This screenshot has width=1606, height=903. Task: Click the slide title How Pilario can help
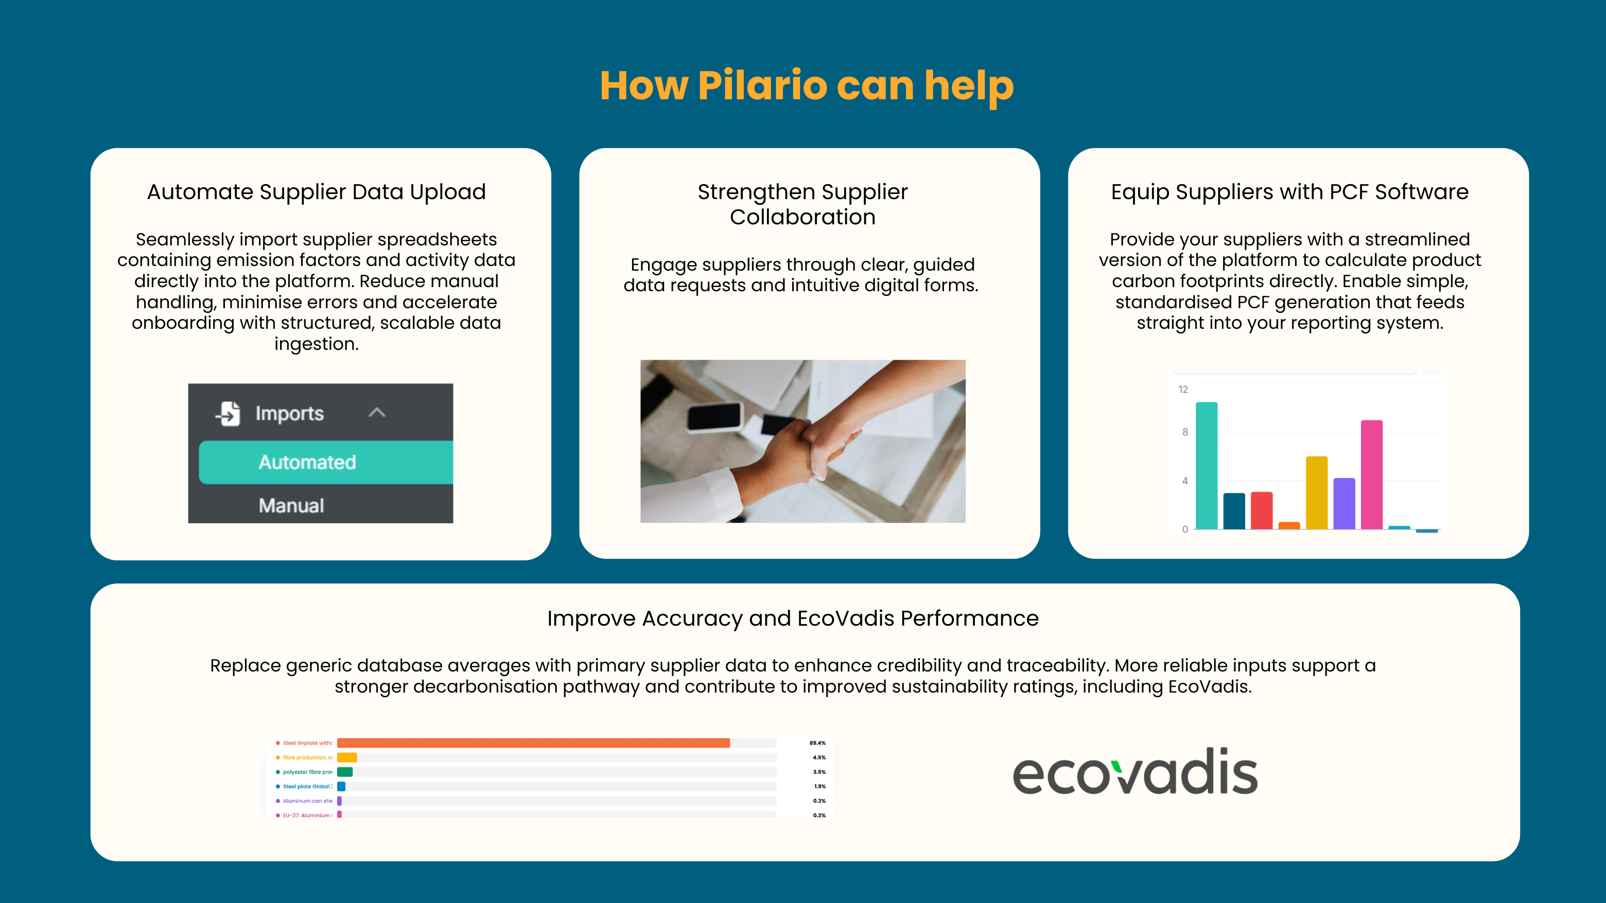pos(806,85)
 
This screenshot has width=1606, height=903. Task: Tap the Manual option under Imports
pos(291,505)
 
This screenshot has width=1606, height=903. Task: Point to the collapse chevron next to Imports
pos(377,413)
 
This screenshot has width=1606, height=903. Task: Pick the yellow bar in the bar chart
pos(1316,492)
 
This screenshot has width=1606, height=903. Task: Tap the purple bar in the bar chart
pos(1343,504)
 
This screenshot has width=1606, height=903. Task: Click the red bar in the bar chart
pos(1261,510)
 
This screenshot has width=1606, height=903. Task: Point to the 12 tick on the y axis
pos(1183,389)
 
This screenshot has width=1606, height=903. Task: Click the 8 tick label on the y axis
pos(1184,432)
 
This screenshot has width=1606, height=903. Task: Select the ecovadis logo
pos(1134,772)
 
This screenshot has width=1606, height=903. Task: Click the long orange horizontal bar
pos(533,743)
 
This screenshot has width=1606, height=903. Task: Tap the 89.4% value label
pos(817,743)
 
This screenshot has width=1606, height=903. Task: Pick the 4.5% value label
pos(818,757)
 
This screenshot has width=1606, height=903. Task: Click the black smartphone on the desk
pos(714,416)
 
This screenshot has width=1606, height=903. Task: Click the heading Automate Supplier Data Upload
pos(316,191)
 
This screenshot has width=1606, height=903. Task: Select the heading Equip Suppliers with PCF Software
pos(1289,191)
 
